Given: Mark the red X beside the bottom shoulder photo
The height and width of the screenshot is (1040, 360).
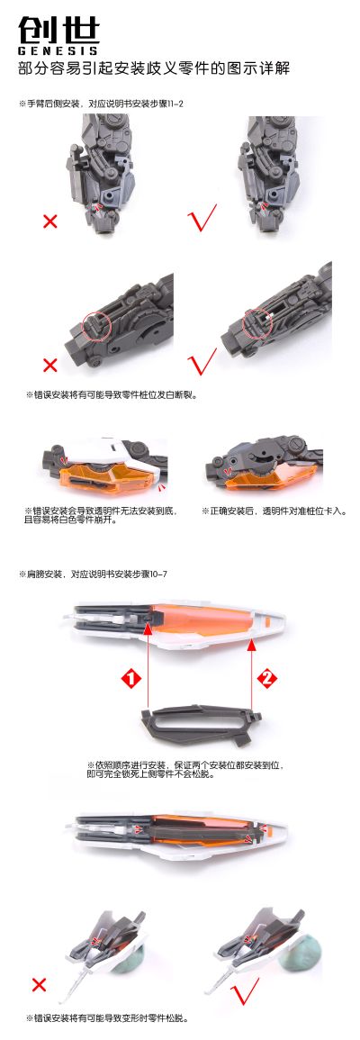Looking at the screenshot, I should tap(39, 984).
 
